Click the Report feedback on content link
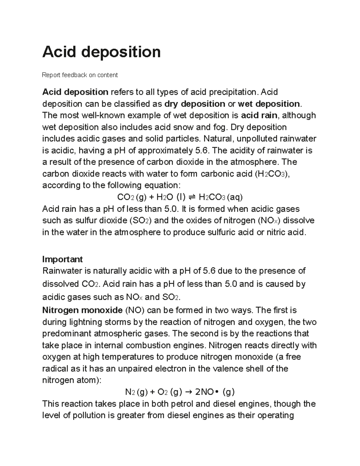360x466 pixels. point(80,75)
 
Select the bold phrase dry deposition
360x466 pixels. point(195,104)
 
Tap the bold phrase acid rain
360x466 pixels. point(259,116)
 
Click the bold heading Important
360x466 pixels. point(62,259)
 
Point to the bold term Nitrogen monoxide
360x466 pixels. point(82,310)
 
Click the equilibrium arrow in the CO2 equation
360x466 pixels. point(192,197)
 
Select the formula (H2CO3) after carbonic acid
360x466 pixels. point(272,174)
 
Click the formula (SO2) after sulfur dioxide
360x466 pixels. point(141,221)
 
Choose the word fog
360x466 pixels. point(219,128)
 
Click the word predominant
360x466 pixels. point(67,334)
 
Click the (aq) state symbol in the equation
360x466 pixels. point(235,197)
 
